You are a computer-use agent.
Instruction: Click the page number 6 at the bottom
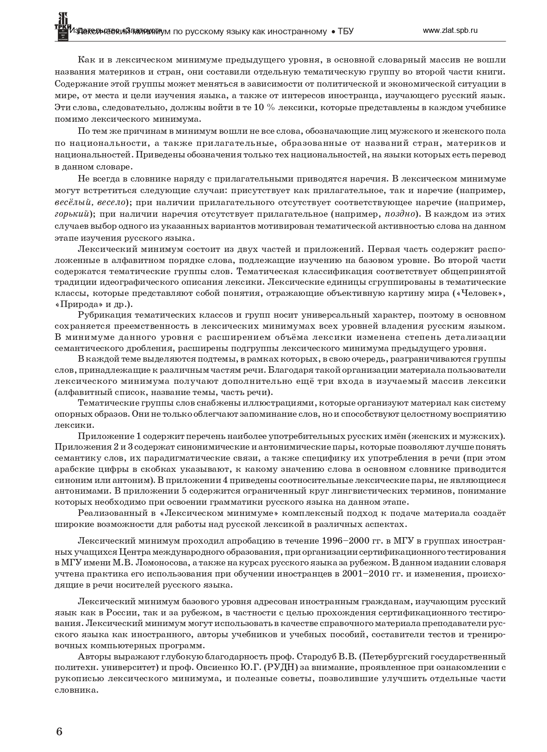(58, 732)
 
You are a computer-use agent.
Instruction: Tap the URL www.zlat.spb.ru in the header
(450, 30)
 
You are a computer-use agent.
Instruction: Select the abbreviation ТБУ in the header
(346, 31)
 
